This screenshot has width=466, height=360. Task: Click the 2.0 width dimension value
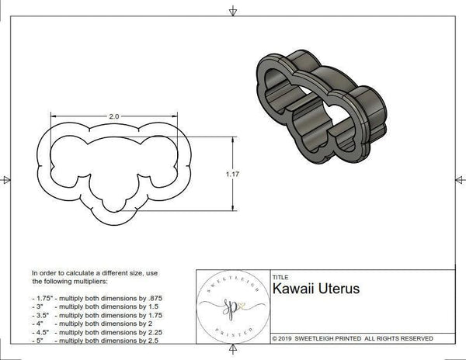pyautogui.click(x=113, y=116)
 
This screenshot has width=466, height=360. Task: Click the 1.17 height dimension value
pyautogui.click(x=231, y=174)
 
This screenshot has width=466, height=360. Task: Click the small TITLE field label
pyautogui.click(x=280, y=276)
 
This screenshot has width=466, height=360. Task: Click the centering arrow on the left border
pyautogui.click(x=6, y=180)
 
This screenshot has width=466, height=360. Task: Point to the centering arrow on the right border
pyautogui.click(x=460, y=180)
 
